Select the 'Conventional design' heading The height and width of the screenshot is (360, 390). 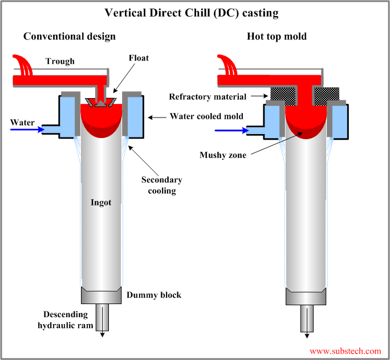pos(70,37)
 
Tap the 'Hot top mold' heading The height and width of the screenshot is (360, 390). pos(277,37)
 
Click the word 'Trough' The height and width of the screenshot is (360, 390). pos(60,62)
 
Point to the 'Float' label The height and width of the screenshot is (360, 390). pos(139,58)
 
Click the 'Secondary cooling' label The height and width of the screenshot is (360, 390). pos(162,185)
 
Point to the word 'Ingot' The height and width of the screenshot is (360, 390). pos(101,202)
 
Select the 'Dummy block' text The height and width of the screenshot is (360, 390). pos(154,295)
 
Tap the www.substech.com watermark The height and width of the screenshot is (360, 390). pos(345,351)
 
